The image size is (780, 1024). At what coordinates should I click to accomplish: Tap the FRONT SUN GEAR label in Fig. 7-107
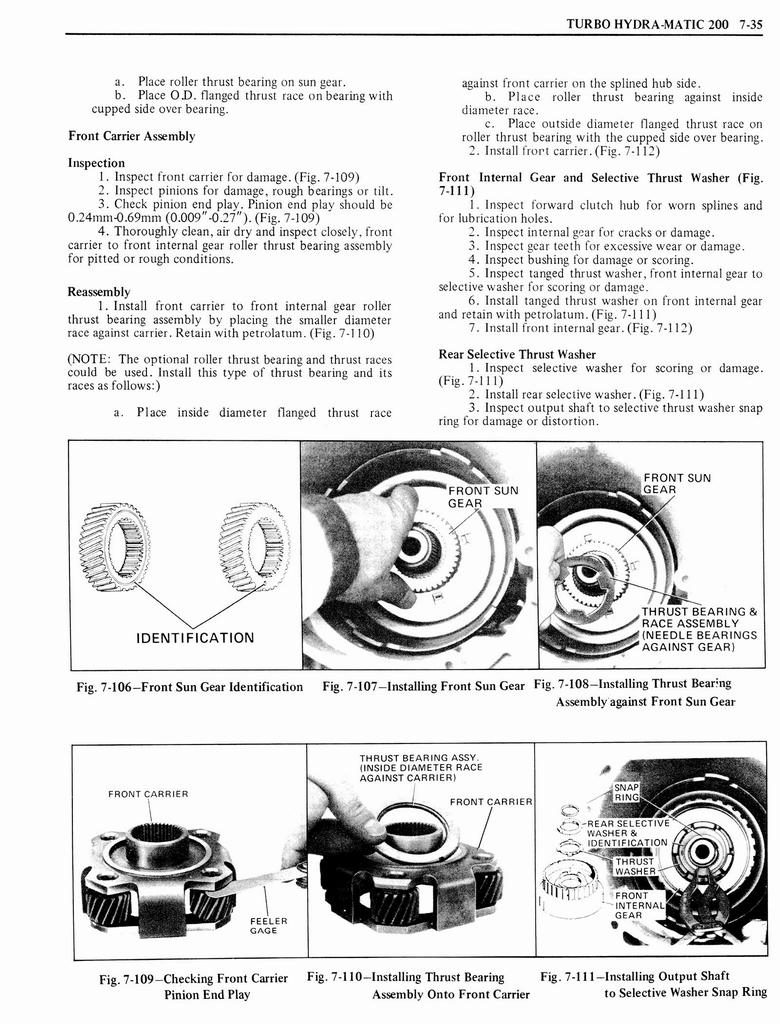click(483, 497)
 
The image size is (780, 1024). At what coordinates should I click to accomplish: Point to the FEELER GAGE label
click(268, 927)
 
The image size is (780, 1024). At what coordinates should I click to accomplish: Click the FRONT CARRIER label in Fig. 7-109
click(148, 794)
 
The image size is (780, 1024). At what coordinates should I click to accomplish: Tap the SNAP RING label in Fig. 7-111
click(626, 792)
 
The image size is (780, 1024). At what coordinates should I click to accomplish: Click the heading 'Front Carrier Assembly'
click(131, 136)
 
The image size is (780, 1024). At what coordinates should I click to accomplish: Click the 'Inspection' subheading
click(96, 162)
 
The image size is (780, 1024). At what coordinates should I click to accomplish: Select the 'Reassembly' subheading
click(100, 292)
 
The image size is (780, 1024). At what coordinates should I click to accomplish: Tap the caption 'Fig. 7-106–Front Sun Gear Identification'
click(189, 686)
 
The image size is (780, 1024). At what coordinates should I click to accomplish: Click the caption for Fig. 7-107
click(423, 686)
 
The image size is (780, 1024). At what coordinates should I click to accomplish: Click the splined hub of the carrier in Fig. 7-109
click(157, 839)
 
